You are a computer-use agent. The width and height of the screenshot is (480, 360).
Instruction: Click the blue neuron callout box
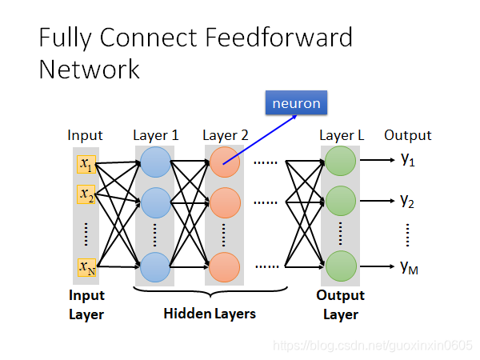pos(297,103)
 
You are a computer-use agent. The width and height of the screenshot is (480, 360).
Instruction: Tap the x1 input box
pos(86,165)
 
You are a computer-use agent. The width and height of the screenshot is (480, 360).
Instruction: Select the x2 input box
pos(86,194)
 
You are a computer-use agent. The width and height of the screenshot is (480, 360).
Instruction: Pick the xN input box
pos(86,267)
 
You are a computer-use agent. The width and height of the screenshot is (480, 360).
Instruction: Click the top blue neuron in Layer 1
pos(154,164)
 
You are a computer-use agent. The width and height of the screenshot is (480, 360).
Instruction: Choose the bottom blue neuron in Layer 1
pos(154,266)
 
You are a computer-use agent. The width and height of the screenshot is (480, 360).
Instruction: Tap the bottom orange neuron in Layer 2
pos(224,266)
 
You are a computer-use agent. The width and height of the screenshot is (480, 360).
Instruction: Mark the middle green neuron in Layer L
pos(340,200)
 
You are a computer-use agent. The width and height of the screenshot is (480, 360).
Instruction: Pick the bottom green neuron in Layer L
pos(340,266)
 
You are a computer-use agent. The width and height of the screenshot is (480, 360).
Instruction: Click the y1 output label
pos(408,161)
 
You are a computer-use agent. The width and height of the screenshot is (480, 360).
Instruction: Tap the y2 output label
pos(408,201)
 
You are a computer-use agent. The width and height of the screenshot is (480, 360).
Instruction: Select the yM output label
pos(410,266)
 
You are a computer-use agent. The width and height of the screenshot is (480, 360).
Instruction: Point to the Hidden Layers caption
pos(210,314)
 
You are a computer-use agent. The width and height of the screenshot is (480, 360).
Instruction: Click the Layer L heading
pos(342,135)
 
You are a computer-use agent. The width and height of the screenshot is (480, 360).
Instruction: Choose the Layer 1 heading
pos(156,135)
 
